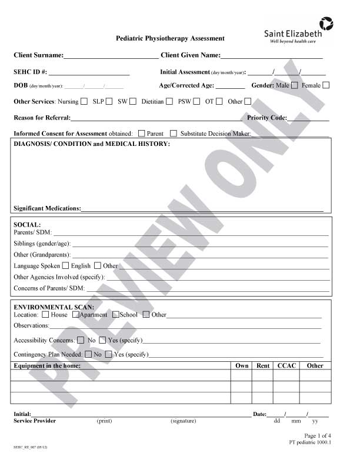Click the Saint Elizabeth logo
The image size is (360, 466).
pos(298,31)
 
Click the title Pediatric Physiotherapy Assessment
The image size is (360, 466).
pos(170,38)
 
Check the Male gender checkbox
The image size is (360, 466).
pos(295,85)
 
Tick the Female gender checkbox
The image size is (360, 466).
pos(326,85)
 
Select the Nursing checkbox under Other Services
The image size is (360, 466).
pos(84,101)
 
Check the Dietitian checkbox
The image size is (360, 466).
pos(169,101)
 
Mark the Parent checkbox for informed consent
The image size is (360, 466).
pos(142,134)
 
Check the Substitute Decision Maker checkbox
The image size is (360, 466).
pos(174,134)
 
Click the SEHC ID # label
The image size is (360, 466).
pos(31,72)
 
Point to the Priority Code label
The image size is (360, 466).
pos(267,118)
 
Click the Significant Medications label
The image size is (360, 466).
pos(46,208)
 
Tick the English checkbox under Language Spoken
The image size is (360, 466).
pos(97,265)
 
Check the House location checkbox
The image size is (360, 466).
pos(46,314)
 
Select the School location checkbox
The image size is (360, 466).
pos(115,314)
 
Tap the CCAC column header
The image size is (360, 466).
pos(287,365)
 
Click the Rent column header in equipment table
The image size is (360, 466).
pos(263,365)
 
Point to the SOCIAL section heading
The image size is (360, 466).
pos(27,225)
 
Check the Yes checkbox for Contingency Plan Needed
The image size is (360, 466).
pos(109,354)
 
